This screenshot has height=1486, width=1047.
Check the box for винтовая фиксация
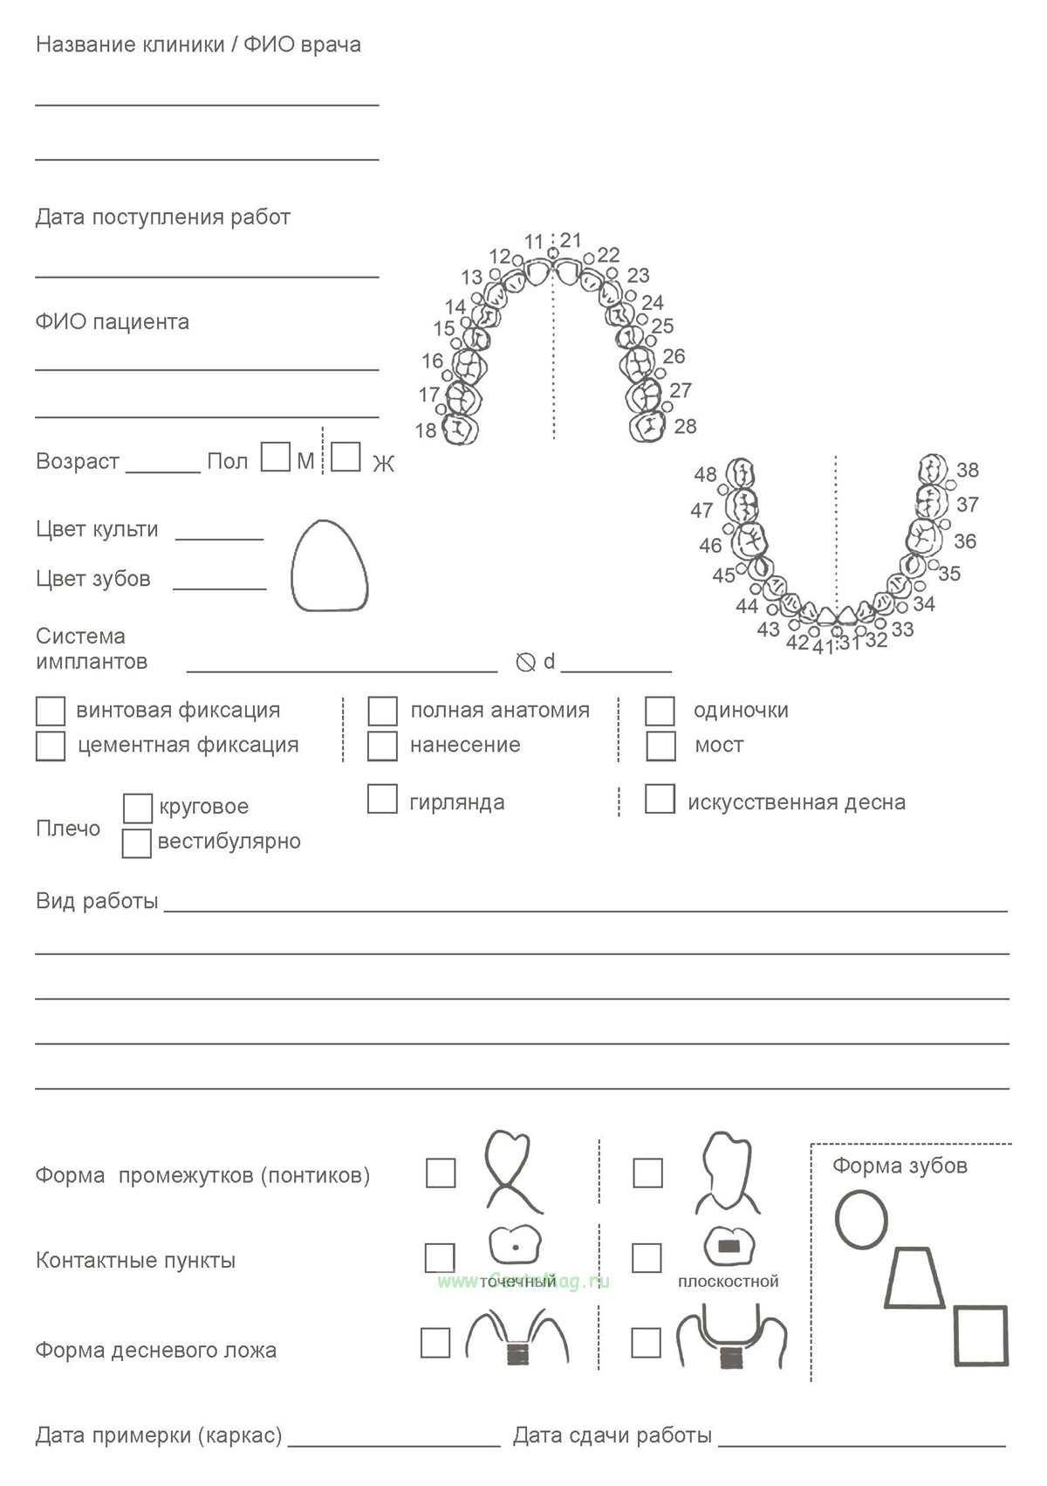tap(51, 711)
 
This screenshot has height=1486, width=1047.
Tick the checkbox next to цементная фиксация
tap(51, 746)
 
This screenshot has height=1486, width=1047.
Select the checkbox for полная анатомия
tap(382, 711)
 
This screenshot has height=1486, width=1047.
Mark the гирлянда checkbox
tap(382, 799)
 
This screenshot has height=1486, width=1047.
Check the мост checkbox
tap(660, 746)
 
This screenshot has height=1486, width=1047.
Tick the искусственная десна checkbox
tap(660, 799)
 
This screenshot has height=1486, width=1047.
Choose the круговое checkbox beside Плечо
tap(137, 808)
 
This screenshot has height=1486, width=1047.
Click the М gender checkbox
tap(276, 457)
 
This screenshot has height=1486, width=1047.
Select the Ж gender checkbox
tap(346, 457)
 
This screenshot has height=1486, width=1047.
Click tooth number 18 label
tap(426, 430)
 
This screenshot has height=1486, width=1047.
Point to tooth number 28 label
tap(686, 426)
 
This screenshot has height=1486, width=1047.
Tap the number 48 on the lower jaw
tap(705, 474)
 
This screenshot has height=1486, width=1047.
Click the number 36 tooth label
tap(965, 541)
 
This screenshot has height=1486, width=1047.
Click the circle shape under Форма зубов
tap(861, 1220)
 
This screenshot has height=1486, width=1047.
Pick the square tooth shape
tap(981, 1335)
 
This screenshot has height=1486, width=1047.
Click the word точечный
tap(517, 1282)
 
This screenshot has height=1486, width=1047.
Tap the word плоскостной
tap(729, 1282)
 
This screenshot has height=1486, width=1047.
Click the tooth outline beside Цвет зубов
tap(329, 566)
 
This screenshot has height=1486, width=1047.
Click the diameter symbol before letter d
tap(525, 663)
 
